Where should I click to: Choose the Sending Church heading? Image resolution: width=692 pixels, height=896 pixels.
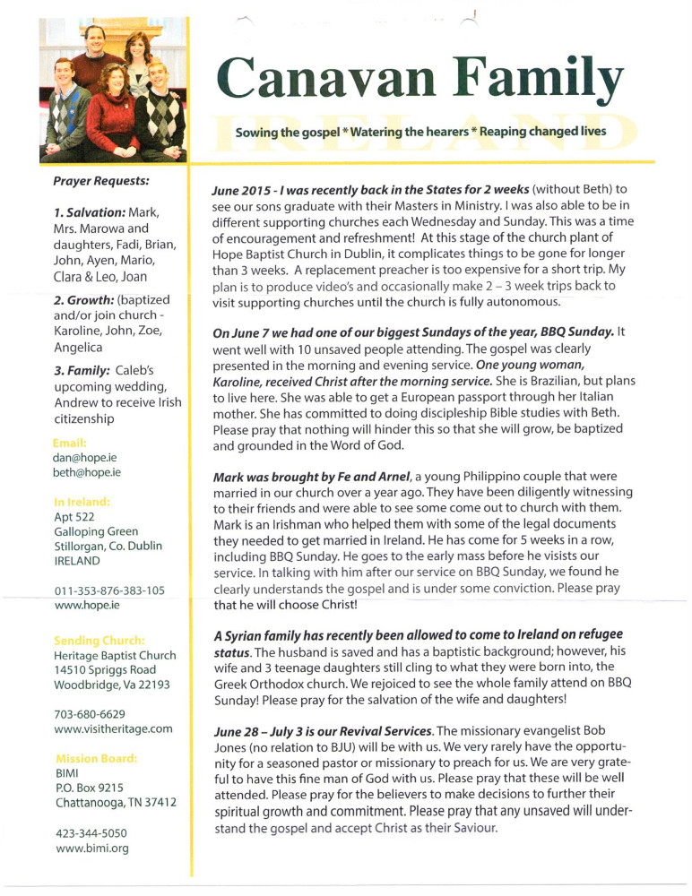[99, 640]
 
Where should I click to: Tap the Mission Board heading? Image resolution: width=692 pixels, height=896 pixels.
[96, 758]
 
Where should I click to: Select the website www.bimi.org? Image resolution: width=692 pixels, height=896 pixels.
[91, 849]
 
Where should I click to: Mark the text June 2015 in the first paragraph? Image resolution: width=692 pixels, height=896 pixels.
[242, 191]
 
